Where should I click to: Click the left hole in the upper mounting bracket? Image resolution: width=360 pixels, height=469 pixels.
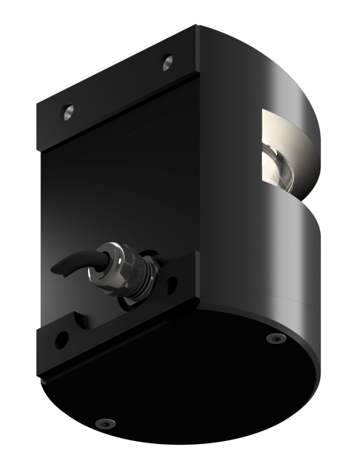[x=67, y=112]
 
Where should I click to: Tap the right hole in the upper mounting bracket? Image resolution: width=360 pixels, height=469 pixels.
[x=167, y=63]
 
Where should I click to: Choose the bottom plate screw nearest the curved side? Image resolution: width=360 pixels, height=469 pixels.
[x=273, y=338]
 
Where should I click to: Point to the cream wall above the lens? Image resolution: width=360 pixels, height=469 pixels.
[x=282, y=130]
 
